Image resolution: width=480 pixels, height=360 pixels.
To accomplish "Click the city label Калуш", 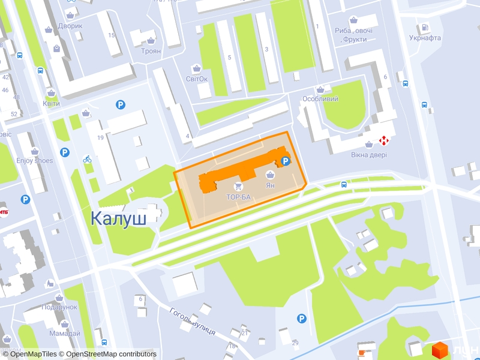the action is pyautogui.click(x=118, y=218).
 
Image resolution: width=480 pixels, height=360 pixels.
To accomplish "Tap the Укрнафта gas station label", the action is pyautogui.click(x=425, y=38).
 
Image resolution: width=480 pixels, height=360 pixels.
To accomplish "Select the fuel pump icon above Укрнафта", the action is pyautogui.click(x=425, y=28).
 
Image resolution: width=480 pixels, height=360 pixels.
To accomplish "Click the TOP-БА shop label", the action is pyautogui.click(x=238, y=196).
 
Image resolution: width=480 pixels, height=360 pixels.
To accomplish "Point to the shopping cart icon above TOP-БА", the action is pyautogui.click(x=239, y=187).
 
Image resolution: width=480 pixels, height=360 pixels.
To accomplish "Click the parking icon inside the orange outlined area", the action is pyautogui.click(x=286, y=161).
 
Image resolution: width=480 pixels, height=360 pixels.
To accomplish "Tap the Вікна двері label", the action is pyautogui.click(x=369, y=155).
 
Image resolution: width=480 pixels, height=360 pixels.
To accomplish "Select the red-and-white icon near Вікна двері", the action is pyautogui.click(x=383, y=141).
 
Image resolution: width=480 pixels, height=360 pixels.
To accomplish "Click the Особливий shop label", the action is pyautogui.click(x=320, y=98).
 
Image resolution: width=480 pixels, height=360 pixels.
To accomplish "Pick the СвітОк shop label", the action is pyautogui.click(x=197, y=79).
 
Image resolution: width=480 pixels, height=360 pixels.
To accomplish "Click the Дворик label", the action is pyautogui.click(x=70, y=26).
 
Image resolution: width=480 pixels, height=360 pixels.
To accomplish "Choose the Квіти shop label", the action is pyautogui.click(x=51, y=103).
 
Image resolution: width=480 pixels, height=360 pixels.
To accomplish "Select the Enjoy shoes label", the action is pyautogui.click(x=34, y=160).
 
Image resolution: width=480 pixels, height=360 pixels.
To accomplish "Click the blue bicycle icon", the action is pyautogui.click(x=87, y=159).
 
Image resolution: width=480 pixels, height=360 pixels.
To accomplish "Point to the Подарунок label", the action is pyautogui.click(x=59, y=307).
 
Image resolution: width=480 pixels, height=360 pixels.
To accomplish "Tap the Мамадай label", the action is pyautogui.click(x=65, y=334).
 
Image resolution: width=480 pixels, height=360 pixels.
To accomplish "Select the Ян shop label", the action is pyautogui.click(x=270, y=185).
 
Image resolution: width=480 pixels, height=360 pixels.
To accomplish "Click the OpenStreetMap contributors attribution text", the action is pyautogui.click(x=111, y=354).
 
